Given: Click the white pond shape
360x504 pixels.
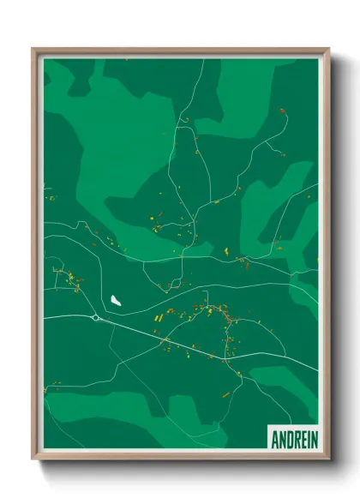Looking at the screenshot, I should click(x=115, y=300).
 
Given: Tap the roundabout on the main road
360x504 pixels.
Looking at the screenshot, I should click(x=95, y=318).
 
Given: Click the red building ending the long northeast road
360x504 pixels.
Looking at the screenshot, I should click(x=281, y=111).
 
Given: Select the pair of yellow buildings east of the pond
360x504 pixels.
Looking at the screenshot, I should click(x=159, y=318).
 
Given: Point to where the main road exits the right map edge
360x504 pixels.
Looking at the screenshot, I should click(x=317, y=370).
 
